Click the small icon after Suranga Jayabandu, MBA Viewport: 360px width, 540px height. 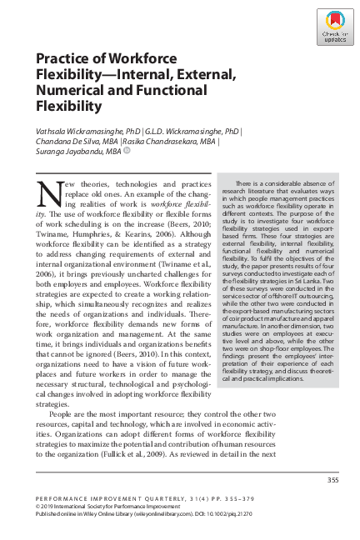coord(127,152)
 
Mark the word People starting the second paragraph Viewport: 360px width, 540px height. coord(63,412)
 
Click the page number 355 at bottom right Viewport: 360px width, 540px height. coord(332,479)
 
